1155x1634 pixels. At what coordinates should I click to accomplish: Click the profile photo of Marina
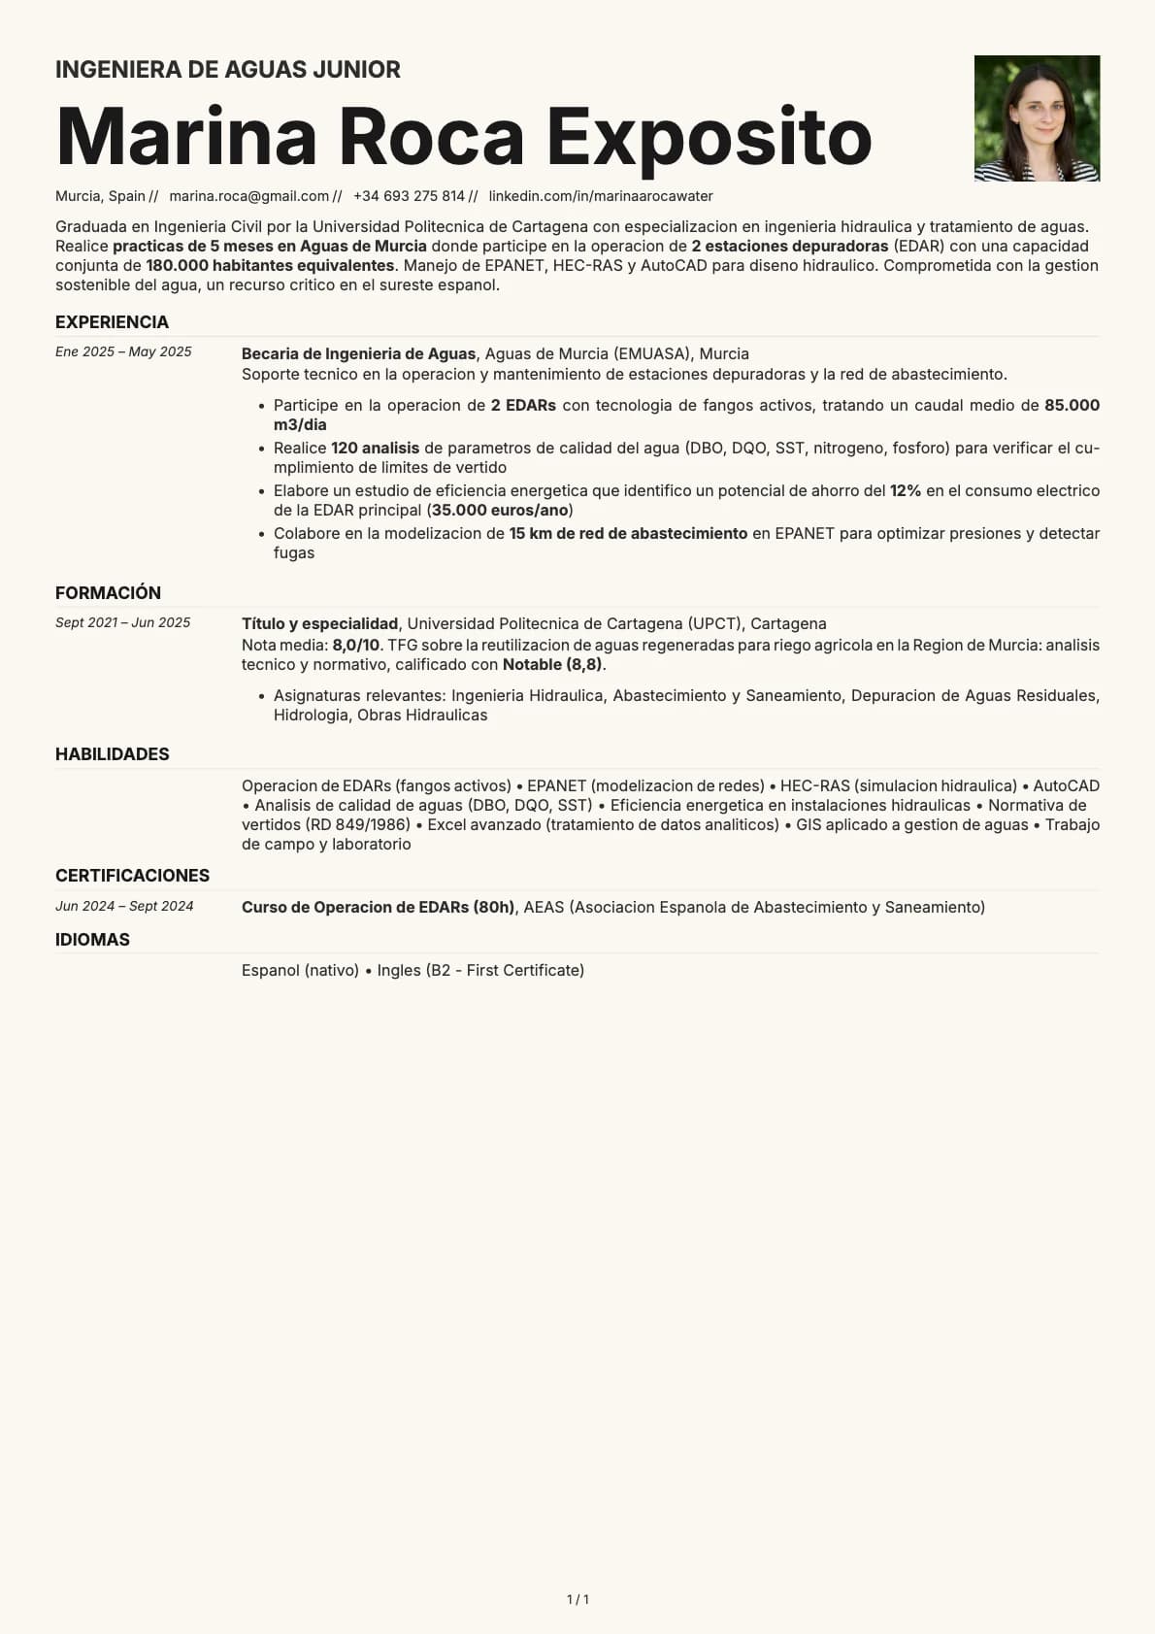(x=1037, y=118)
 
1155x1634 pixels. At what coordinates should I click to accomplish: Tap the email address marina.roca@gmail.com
(x=249, y=196)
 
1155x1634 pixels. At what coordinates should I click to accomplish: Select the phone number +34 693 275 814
(x=409, y=196)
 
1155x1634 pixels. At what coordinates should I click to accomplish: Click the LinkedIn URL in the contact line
(x=601, y=196)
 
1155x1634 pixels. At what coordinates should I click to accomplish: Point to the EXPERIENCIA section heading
(x=112, y=322)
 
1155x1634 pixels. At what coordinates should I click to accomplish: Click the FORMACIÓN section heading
(x=108, y=593)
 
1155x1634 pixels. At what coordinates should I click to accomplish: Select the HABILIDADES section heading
(x=112, y=754)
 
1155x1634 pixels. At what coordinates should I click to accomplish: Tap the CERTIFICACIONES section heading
(x=132, y=876)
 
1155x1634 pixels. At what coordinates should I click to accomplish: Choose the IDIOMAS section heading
(x=92, y=940)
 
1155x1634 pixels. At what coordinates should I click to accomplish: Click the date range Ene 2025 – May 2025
(x=123, y=351)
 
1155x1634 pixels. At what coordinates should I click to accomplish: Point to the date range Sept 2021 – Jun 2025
(x=122, y=622)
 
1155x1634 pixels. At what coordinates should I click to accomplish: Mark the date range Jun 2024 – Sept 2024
(x=124, y=906)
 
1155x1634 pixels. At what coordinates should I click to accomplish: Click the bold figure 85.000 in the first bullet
(x=1072, y=405)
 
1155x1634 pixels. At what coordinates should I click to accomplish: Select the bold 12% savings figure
(x=905, y=490)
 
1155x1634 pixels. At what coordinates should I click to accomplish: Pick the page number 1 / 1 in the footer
(x=577, y=1599)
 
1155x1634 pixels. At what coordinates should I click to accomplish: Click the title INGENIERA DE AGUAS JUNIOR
(x=228, y=70)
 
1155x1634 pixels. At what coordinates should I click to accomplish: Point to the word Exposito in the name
(x=709, y=136)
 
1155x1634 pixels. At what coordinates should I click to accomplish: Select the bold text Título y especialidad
(x=319, y=623)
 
